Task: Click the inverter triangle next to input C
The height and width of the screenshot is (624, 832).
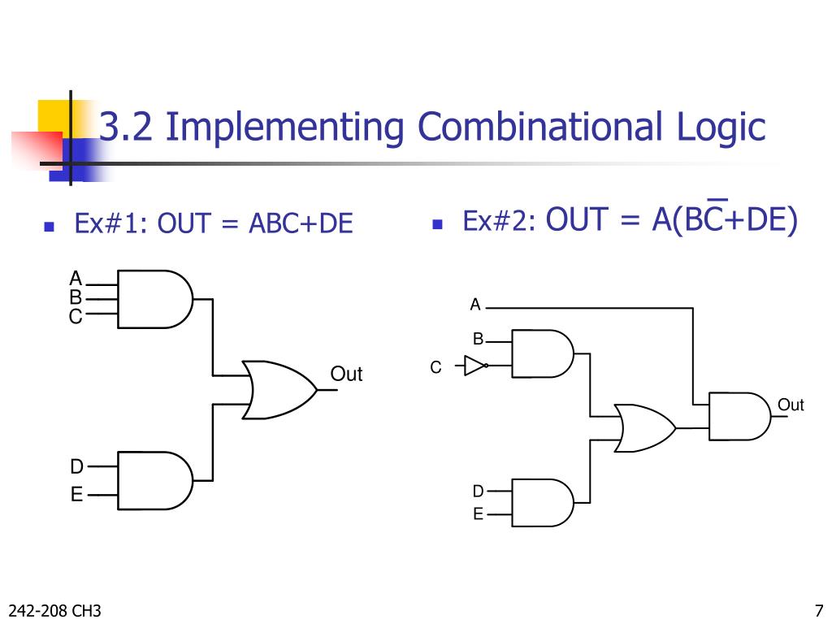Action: coord(474,366)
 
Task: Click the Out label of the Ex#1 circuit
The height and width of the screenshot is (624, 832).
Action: coord(346,375)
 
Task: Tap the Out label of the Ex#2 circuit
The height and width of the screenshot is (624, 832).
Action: coord(791,405)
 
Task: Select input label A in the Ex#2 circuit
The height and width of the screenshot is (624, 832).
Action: coord(475,305)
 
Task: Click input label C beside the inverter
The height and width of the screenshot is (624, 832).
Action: coord(435,368)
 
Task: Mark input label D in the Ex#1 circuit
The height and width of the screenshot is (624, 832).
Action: coord(76,467)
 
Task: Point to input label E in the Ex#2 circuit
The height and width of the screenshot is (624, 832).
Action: coord(478,514)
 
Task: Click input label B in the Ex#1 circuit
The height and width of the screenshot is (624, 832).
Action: coord(76,298)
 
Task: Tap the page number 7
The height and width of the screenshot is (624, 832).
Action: coord(818,611)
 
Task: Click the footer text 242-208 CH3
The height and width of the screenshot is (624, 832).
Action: coord(54,611)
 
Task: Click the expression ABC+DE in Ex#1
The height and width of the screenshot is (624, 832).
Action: coord(301,223)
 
